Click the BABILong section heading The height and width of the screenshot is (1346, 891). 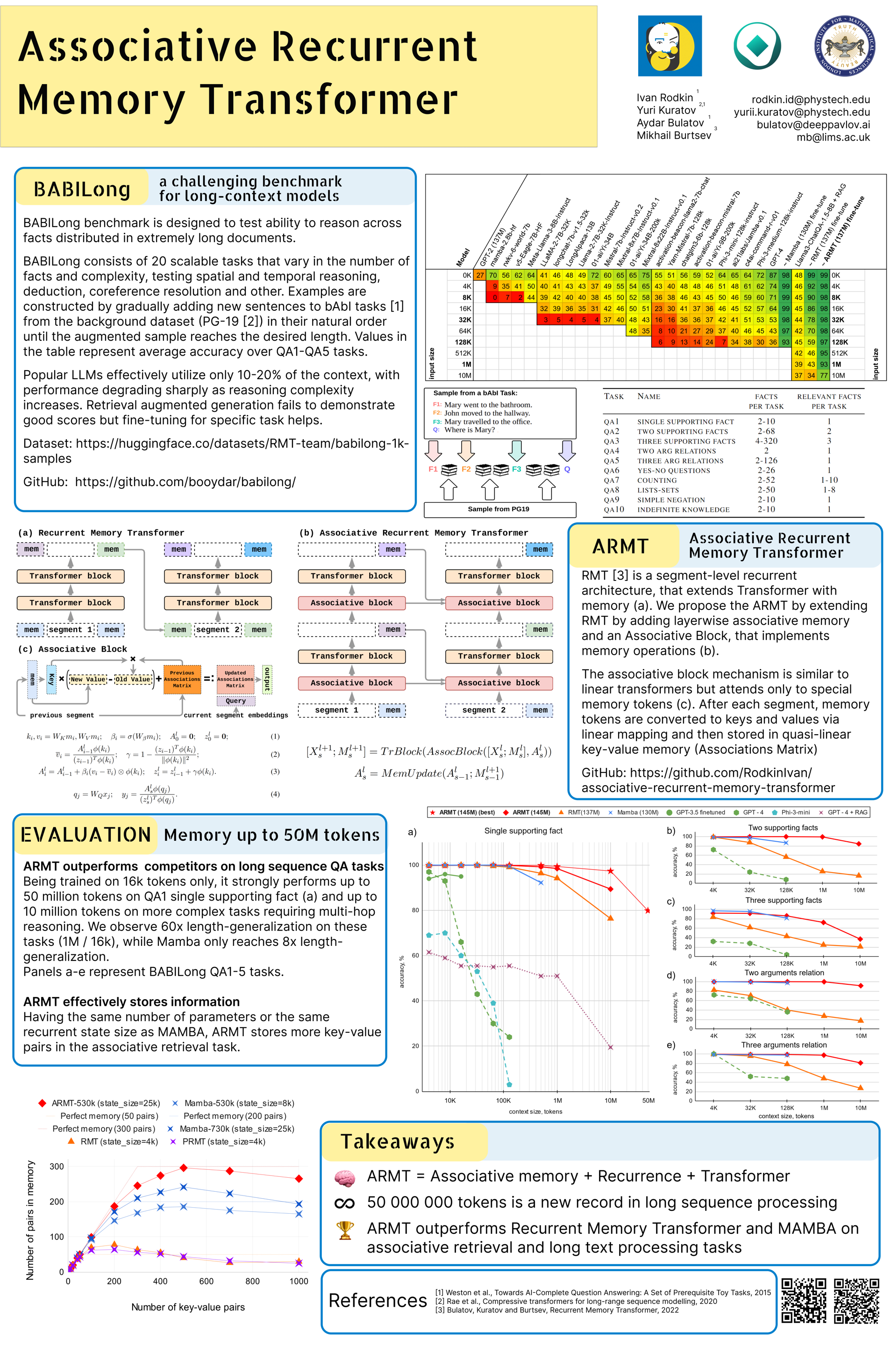pyautogui.click(x=82, y=189)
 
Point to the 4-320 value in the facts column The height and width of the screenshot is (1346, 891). pyautogui.click(x=766, y=441)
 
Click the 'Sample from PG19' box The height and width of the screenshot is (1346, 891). pyautogui.click(x=499, y=509)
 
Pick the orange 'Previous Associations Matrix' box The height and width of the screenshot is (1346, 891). pyautogui.click(x=182, y=679)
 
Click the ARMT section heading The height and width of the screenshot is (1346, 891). pyautogui.click(x=620, y=547)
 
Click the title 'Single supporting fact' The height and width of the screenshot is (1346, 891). pyautogui.click(x=523, y=831)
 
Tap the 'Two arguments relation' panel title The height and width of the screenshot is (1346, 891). pyautogui.click(x=784, y=973)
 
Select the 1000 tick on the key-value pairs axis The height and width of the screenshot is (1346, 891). pyautogui.click(x=299, y=1281)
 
